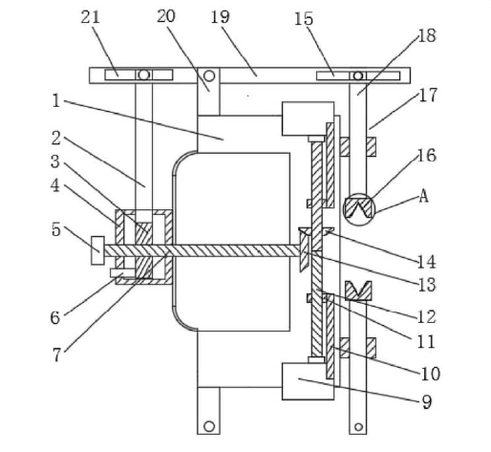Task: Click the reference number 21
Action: [x=90, y=17]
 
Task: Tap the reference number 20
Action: [x=166, y=16]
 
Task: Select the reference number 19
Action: [x=220, y=17]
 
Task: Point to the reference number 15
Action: [x=304, y=19]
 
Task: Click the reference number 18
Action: [x=427, y=35]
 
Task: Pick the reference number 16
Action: [x=427, y=156]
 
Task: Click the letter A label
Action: [x=423, y=196]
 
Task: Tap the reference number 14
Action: [x=426, y=262]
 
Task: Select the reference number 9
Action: [x=427, y=402]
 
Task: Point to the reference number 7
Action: [x=56, y=355]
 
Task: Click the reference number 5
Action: [x=55, y=229]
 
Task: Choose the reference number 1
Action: [x=56, y=100]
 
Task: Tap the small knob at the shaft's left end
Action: [x=97, y=250]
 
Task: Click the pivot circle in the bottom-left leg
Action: [x=209, y=426]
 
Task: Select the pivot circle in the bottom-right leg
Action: [x=358, y=427]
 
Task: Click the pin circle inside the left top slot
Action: [x=144, y=75]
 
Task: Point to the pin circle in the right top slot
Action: [x=358, y=75]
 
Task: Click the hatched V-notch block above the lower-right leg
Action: [x=358, y=291]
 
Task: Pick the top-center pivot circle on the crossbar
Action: [x=209, y=75]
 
